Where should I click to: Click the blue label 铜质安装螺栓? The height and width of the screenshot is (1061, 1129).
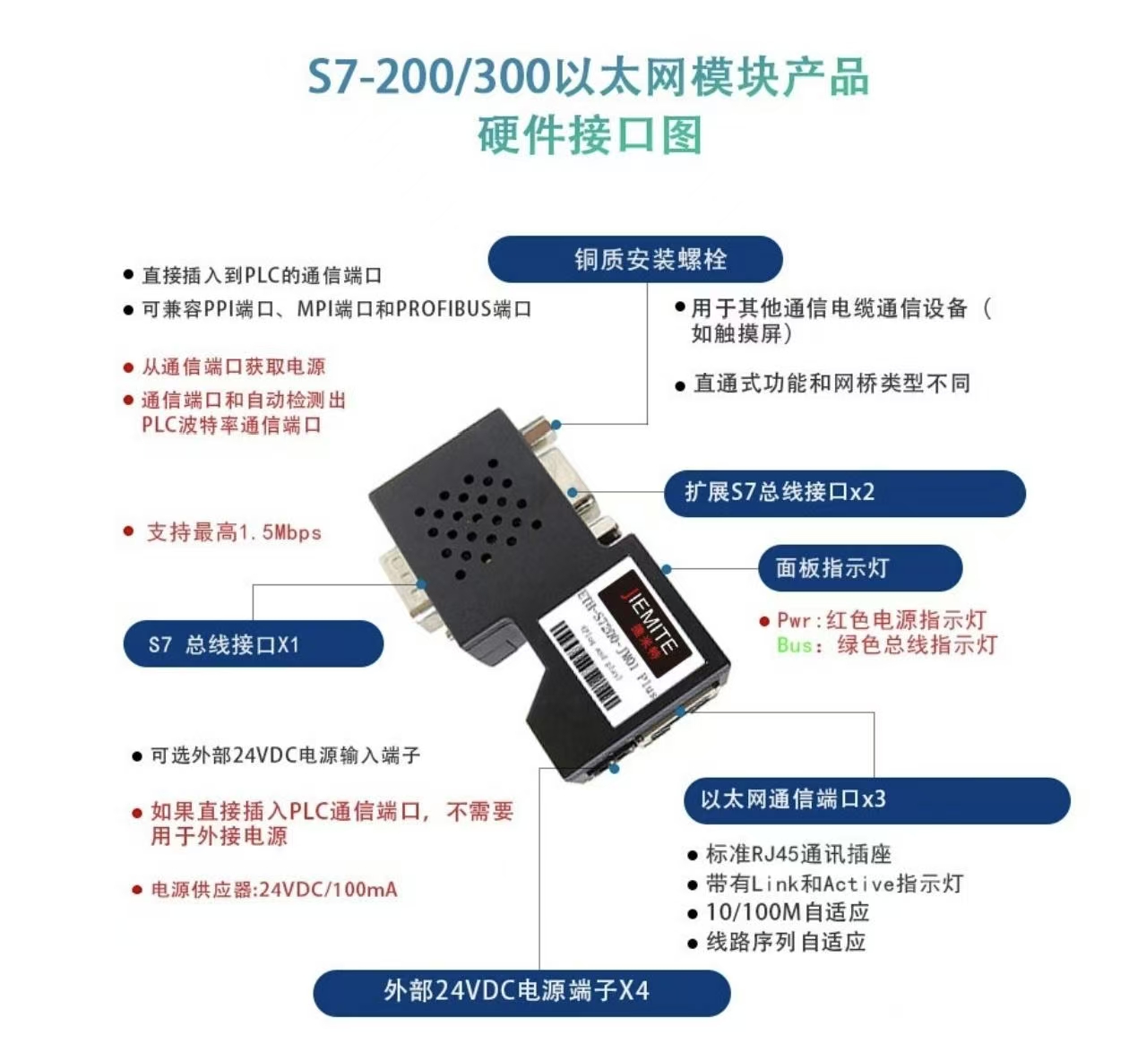tap(634, 260)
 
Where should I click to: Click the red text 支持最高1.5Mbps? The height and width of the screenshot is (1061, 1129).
tap(233, 532)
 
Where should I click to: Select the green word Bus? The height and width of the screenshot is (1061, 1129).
tap(795, 645)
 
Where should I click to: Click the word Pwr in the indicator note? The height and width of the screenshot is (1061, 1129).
tap(794, 620)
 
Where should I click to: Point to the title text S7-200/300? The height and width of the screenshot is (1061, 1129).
tap(428, 78)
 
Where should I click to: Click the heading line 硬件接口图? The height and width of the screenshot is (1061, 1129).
tap(589, 135)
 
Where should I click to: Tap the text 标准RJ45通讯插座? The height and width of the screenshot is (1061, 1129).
tap(798, 854)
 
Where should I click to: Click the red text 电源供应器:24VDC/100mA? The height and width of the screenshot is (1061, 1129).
tap(273, 890)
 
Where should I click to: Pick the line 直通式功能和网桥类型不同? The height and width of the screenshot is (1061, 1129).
tap(832, 384)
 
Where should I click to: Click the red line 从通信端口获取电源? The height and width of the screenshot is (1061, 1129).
tap(233, 367)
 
